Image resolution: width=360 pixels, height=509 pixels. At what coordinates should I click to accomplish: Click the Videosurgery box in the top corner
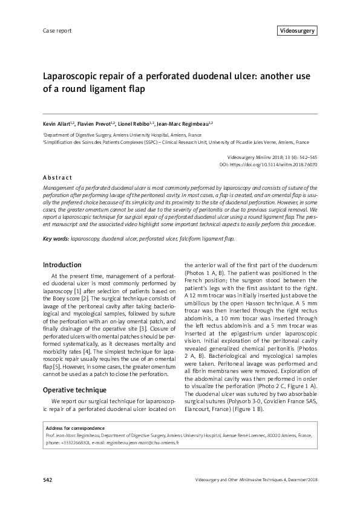297,30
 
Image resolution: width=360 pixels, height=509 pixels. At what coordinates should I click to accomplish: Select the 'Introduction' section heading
62,265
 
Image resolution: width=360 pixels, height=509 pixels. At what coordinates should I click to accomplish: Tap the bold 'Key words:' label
56,239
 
